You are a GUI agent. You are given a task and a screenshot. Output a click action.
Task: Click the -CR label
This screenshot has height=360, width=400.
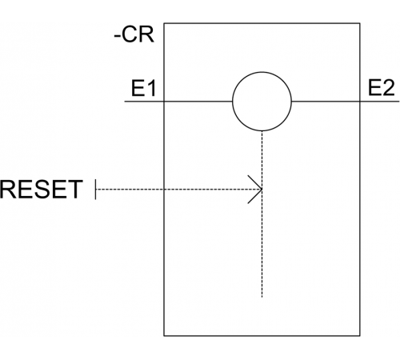pos(134,34)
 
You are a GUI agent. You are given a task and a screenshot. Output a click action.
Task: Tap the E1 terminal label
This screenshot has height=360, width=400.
pos(143,88)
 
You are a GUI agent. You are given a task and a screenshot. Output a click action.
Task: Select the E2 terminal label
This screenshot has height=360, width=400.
pos(381,88)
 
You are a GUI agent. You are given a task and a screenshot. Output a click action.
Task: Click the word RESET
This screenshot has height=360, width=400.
pos(41,190)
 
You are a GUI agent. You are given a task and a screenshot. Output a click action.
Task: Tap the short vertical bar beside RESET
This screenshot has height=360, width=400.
pos(95,190)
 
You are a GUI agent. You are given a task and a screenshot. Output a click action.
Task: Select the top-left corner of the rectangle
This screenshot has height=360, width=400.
pos(164,23)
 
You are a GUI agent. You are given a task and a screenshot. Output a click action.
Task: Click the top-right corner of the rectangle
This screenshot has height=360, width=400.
pos(360,23)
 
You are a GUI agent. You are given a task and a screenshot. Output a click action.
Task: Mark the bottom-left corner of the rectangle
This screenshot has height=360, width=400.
pos(164,336)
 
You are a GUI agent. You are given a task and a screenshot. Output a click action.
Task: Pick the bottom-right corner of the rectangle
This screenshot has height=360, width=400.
pos(360,336)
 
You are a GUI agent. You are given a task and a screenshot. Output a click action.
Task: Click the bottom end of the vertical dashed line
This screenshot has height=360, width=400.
pos(262,297)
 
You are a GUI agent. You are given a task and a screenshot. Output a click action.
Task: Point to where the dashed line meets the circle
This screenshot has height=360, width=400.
pos(262,131)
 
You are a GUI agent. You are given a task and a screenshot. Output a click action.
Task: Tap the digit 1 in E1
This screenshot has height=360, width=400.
pos(151,88)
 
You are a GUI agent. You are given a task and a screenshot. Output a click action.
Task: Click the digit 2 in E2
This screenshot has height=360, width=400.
pos(388,88)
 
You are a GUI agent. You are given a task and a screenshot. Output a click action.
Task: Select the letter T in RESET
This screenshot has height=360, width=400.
pos(75,190)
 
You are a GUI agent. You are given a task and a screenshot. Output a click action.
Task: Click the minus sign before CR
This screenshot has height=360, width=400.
pos(117,38)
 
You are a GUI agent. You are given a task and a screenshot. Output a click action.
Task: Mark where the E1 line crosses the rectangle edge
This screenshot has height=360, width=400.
pos(164,102)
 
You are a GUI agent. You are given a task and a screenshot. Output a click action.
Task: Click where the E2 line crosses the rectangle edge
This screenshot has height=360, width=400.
pos(360,102)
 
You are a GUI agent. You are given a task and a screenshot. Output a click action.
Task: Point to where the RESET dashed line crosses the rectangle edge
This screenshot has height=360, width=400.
pos(164,190)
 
